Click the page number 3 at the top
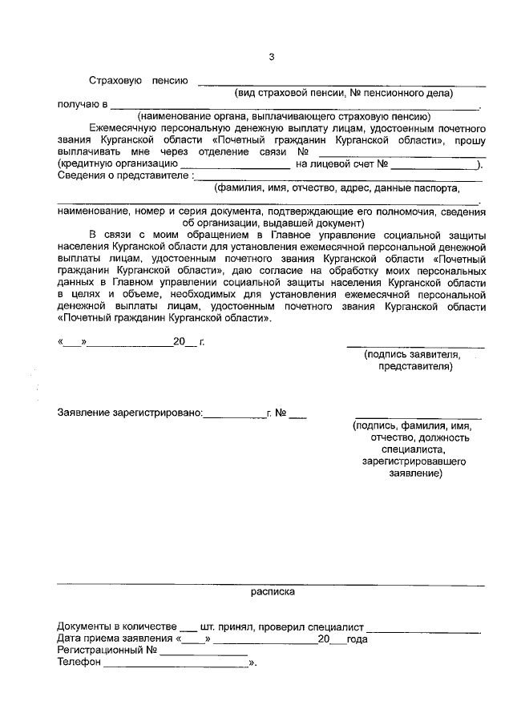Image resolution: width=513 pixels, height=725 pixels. click(x=271, y=57)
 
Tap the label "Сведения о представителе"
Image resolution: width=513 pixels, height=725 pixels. click(x=124, y=176)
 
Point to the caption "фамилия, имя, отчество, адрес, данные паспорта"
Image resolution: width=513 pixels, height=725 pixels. click(x=337, y=188)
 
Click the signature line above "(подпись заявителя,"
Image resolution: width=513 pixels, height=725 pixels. click(x=415, y=344)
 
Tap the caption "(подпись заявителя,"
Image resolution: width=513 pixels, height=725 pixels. click(x=411, y=354)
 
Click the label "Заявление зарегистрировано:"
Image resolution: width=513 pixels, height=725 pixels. click(x=131, y=414)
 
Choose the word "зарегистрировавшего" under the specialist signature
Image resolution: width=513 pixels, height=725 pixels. click(x=414, y=462)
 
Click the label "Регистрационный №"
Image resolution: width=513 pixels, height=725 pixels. click(x=106, y=651)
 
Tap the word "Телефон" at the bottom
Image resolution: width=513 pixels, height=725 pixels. click(x=79, y=663)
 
